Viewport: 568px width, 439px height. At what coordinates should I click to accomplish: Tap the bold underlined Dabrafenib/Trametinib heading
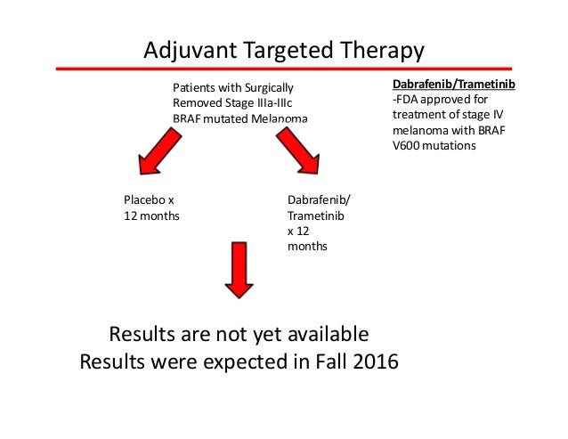point(454,83)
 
